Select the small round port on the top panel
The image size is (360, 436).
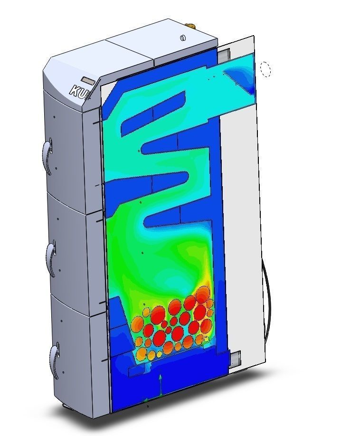pos(183,38)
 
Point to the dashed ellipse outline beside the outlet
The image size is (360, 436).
pos(265,69)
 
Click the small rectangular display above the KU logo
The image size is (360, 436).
pos(89,79)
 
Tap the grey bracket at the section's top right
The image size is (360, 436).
pos(223,55)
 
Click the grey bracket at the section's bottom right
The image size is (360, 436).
pos(235,358)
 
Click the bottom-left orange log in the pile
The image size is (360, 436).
pos(141,354)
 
